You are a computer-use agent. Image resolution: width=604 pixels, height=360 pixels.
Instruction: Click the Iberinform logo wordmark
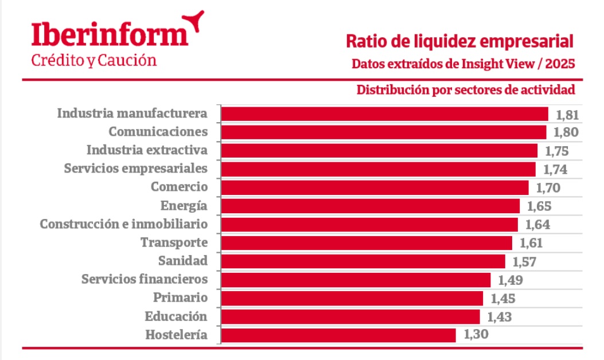pyautogui.click(x=109, y=34)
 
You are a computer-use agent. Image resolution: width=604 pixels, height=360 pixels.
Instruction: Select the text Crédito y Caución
pyautogui.click(x=93, y=60)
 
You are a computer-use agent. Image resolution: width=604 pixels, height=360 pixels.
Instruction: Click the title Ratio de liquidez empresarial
pyautogui.click(x=460, y=41)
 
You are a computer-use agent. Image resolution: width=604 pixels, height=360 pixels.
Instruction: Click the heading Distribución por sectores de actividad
pyautogui.click(x=466, y=90)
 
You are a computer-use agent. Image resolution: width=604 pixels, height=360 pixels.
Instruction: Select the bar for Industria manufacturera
pyautogui.click(x=384, y=114)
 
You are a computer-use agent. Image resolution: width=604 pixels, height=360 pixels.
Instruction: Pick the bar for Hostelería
pyautogui.click(x=338, y=335)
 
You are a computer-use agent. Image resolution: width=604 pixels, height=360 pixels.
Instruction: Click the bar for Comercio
pyautogui.click(x=375, y=187)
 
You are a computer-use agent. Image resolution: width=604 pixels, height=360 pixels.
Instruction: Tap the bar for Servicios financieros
pyautogui.click(x=356, y=280)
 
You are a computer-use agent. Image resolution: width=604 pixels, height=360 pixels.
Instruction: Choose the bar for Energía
pyautogui.click(x=370, y=206)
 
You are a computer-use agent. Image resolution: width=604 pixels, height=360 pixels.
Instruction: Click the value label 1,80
pyautogui.click(x=566, y=132)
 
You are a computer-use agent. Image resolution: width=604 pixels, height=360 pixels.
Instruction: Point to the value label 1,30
pyautogui.click(x=476, y=335)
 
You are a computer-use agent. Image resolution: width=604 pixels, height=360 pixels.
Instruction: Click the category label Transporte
pyautogui.click(x=174, y=242)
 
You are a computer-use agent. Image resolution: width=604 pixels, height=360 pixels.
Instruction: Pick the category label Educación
pyautogui.click(x=176, y=316)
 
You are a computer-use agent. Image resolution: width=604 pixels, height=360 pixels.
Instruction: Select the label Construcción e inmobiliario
pyautogui.click(x=123, y=224)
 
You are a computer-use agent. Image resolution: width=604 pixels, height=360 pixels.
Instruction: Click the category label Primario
pyautogui.click(x=180, y=298)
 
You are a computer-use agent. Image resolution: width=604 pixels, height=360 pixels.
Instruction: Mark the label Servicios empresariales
pyautogui.click(x=135, y=169)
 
